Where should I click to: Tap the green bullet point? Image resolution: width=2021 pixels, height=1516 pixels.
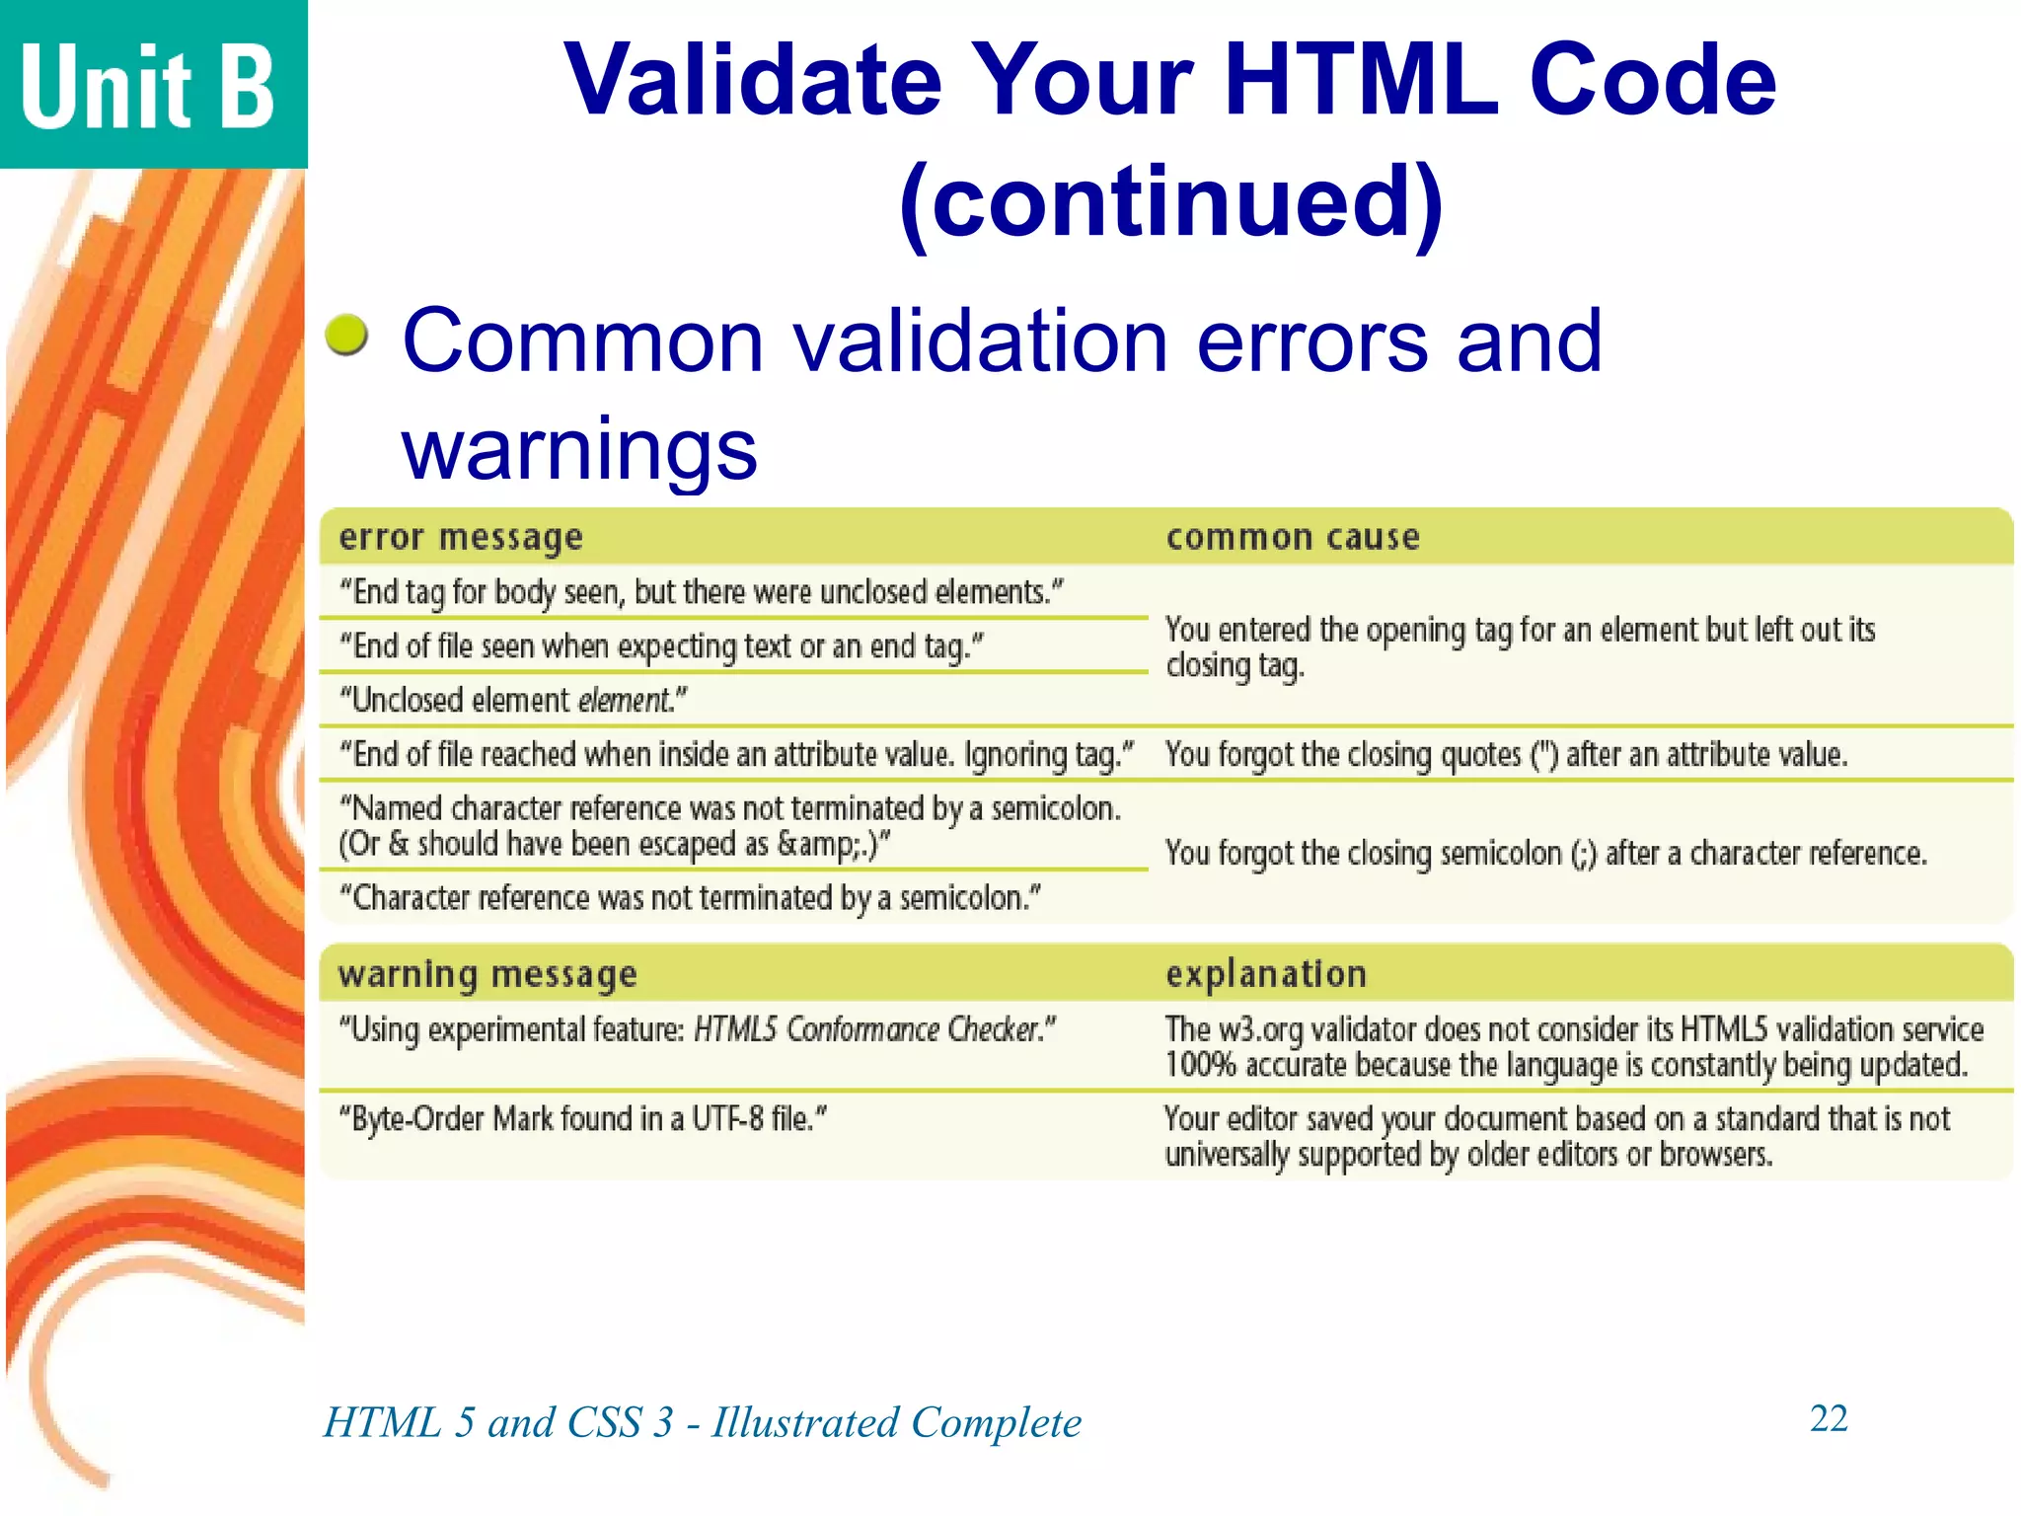(346, 335)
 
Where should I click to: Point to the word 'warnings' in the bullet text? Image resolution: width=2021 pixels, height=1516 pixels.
(579, 449)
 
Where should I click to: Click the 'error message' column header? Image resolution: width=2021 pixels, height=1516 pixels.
(461, 538)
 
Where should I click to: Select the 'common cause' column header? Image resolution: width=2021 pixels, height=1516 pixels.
(1293, 538)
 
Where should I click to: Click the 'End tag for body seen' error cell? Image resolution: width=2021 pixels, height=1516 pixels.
(702, 592)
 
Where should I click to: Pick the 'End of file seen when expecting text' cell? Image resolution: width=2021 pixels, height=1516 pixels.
(661, 646)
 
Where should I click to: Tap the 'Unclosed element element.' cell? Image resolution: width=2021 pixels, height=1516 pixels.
(513, 701)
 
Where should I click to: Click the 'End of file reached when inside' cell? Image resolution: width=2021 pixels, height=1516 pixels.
(736, 755)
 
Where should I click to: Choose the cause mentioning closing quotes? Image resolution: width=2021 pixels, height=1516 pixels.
(1506, 755)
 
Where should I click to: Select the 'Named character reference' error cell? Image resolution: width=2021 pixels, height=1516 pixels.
(730, 826)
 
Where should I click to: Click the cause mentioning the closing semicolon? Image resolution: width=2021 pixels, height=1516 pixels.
(1545, 853)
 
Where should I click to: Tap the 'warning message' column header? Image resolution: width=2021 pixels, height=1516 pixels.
(487, 975)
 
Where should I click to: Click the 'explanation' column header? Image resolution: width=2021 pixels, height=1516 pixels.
(1266, 975)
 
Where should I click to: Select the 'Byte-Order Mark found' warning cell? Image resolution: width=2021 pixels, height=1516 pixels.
(582, 1119)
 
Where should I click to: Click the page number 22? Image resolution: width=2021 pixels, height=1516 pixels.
(1828, 1418)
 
